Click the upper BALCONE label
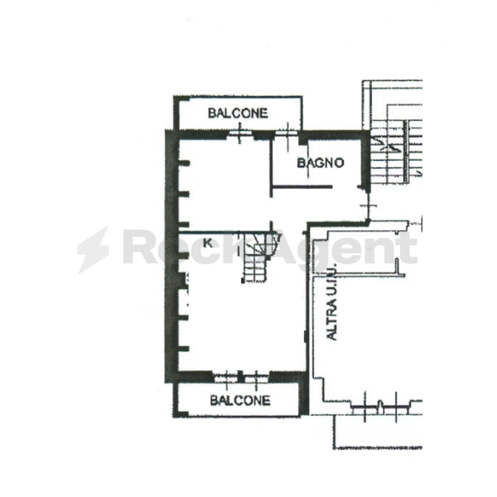(x=238, y=113)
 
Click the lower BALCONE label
(x=240, y=400)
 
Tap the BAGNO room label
(x=320, y=163)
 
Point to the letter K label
(x=208, y=243)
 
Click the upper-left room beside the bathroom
(x=225, y=182)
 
